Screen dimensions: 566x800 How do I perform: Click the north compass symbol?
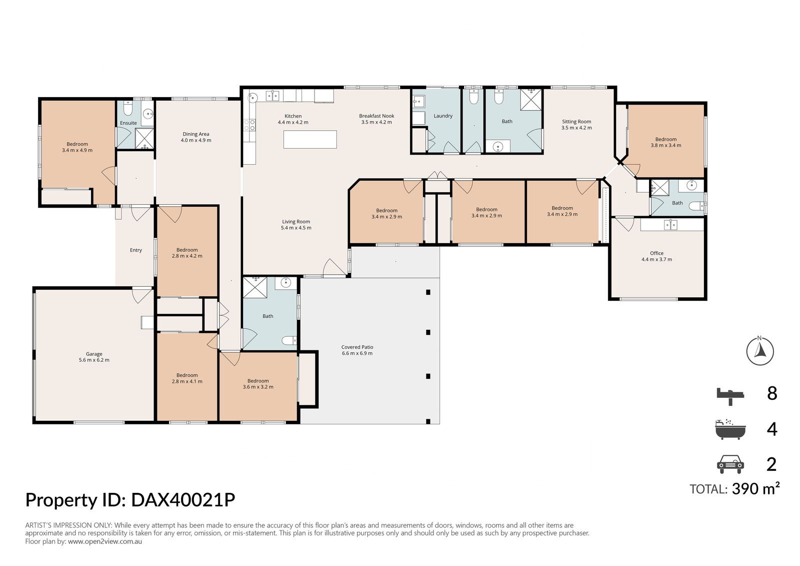(759, 350)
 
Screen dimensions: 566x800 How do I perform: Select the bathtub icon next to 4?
(730, 429)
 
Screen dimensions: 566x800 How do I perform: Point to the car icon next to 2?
(730, 464)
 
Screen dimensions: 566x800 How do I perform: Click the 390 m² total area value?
(755, 488)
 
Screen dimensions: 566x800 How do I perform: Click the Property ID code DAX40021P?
(183, 500)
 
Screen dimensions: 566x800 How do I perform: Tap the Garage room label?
(94, 354)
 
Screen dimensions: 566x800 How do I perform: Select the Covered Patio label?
(357, 347)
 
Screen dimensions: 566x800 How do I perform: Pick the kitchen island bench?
(310, 139)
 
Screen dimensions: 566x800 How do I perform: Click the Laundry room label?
(443, 116)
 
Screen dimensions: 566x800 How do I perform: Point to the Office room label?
(656, 253)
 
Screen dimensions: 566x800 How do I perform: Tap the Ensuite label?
(128, 123)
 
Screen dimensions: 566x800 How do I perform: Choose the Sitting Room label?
(576, 122)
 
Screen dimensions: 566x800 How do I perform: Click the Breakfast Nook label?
(376, 116)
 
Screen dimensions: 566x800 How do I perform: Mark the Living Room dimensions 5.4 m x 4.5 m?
(296, 228)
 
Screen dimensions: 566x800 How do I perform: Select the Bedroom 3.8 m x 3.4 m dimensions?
(666, 146)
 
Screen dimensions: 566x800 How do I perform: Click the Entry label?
(136, 250)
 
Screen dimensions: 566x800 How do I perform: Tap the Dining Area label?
(196, 134)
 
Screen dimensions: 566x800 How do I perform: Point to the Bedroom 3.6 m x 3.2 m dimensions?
(258, 387)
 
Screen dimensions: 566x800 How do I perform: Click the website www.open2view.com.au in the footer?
(105, 541)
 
